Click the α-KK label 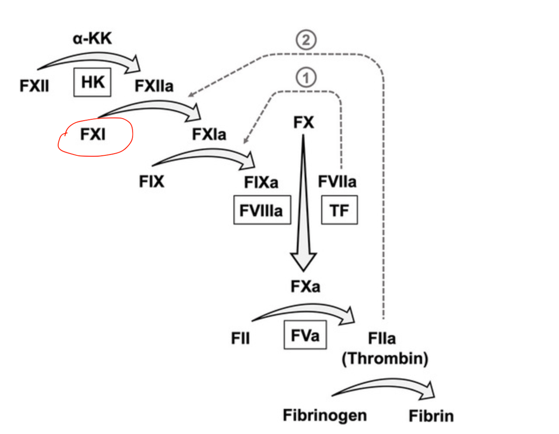pyautogui.click(x=92, y=39)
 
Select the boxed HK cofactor pyautogui.click(x=92, y=83)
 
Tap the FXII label pyautogui.click(x=34, y=87)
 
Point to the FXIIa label pyautogui.click(x=154, y=87)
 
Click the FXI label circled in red pyautogui.click(x=93, y=135)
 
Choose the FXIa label pyautogui.click(x=209, y=135)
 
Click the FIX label pyautogui.click(x=151, y=181)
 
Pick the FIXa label pyautogui.click(x=261, y=182)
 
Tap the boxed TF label pyautogui.click(x=339, y=211)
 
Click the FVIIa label pyautogui.click(x=337, y=181)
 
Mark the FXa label pyautogui.click(x=305, y=287)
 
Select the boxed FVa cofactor pyautogui.click(x=305, y=335)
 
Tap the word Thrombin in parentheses pyautogui.click(x=385, y=359)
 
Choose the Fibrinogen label pyautogui.click(x=325, y=415)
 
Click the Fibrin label pyautogui.click(x=431, y=415)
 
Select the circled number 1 pyautogui.click(x=306, y=77)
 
